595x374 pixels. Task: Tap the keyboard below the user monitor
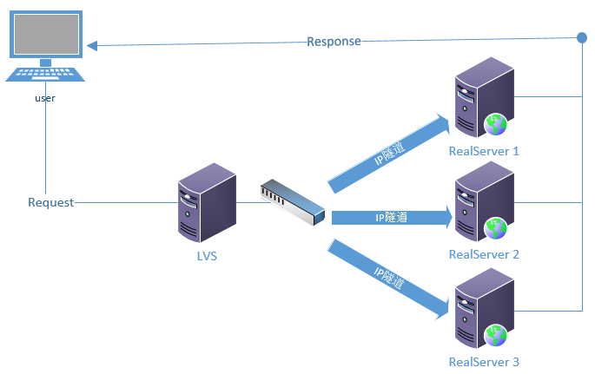pos(45,75)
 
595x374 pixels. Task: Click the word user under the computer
pos(45,98)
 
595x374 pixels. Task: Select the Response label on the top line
pos(334,42)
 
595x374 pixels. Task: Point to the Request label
pos(50,202)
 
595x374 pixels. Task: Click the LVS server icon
pos(207,204)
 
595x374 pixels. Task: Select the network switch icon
pos(292,201)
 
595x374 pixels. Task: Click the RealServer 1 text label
pos(484,151)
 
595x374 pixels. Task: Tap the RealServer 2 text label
pos(484,254)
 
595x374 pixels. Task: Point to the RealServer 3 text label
pos(484,361)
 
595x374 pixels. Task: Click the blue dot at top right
pos(582,38)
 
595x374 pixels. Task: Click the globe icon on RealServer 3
pos(496,335)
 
